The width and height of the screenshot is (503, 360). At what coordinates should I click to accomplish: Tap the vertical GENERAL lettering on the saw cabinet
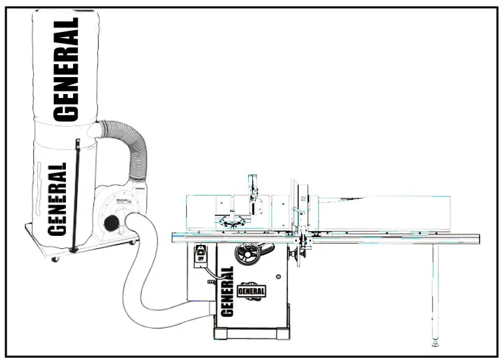click(x=227, y=290)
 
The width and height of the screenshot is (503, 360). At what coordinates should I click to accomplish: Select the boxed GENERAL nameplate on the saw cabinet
click(x=252, y=289)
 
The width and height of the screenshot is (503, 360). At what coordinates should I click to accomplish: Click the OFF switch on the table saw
click(x=201, y=255)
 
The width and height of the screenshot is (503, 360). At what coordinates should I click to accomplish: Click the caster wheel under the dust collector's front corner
click(x=56, y=259)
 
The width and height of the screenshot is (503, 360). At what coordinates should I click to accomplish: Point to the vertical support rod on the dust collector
click(x=75, y=196)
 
